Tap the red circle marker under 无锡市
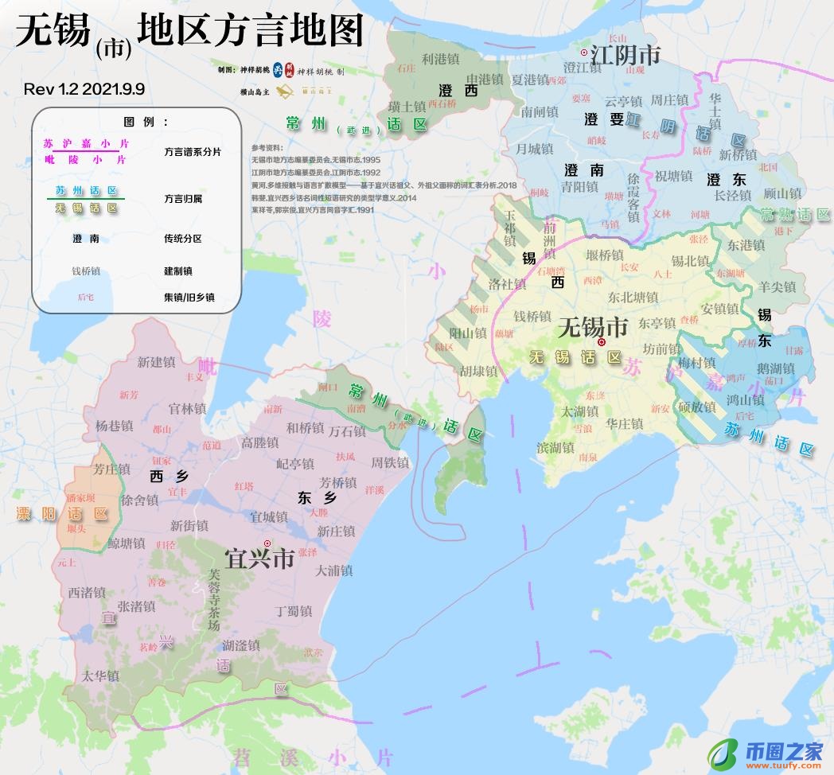pos(602,342)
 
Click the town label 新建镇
pos(156,362)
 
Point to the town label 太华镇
pos(100,676)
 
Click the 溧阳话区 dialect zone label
pos(63,514)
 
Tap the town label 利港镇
pos(440,59)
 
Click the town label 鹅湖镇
pos(776,368)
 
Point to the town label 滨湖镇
pos(555,448)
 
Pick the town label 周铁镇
pos(390,462)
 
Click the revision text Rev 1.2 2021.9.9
pos(84,89)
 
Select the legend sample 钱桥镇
pos(86,271)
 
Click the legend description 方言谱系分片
pos(193,151)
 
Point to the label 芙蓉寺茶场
pos(212,599)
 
